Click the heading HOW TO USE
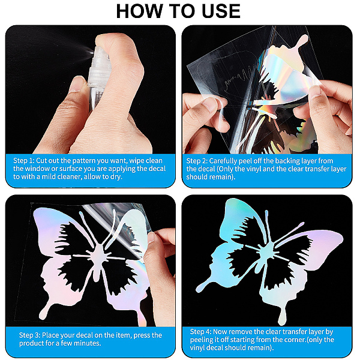pyautogui.click(x=178, y=11)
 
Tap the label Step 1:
pyautogui.click(x=24, y=160)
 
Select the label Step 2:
pyautogui.click(x=197, y=161)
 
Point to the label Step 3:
pyautogui.click(x=30, y=335)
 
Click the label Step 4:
pyautogui.click(x=201, y=332)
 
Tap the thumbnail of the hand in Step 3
pyautogui.click(x=152, y=237)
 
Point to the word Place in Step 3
pyautogui.click(x=50, y=335)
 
